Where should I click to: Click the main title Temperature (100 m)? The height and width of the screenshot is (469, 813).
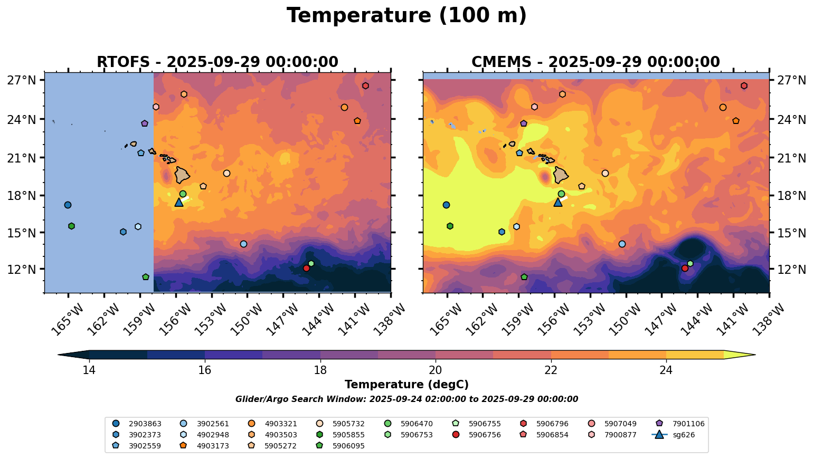click(406, 16)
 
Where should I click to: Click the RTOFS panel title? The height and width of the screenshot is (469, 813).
click(217, 62)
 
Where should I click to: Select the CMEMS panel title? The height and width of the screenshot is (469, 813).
click(595, 62)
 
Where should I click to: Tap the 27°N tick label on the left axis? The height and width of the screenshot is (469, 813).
click(22, 81)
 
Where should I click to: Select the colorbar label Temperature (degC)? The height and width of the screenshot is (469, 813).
click(406, 385)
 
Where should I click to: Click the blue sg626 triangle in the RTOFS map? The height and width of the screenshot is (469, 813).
click(179, 202)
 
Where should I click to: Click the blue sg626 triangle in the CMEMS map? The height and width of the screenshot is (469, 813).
click(558, 202)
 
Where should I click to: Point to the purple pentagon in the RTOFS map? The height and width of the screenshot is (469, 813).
click(145, 123)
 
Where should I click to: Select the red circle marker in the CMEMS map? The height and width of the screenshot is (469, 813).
click(685, 269)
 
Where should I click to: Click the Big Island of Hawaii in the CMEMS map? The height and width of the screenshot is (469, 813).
click(561, 175)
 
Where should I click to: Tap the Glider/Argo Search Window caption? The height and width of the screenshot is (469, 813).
click(406, 399)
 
